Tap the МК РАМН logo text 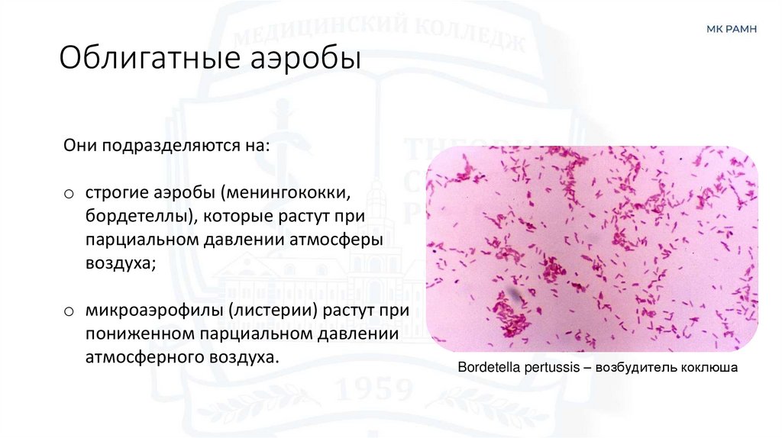point(731,30)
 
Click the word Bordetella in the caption point(487,368)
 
